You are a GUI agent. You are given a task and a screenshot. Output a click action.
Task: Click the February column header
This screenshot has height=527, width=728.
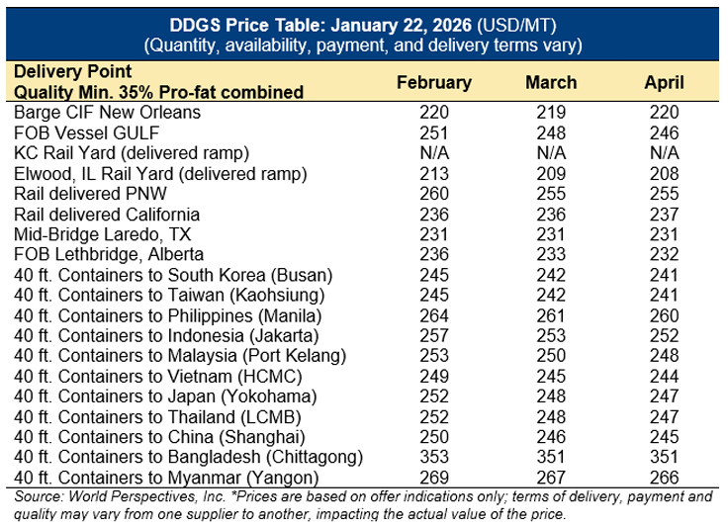(433, 82)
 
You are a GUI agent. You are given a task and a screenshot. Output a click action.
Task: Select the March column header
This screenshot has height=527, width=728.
(551, 82)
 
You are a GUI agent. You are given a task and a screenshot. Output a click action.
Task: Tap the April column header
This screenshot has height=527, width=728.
(664, 82)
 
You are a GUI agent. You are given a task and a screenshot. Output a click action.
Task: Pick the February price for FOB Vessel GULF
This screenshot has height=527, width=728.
(433, 132)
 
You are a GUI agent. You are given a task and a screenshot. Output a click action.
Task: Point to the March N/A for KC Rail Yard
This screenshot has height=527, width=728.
(551, 153)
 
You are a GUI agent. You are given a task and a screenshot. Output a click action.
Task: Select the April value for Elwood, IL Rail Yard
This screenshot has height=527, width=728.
(664, 173)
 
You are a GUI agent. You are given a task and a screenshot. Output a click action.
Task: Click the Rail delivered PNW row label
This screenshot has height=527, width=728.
(90, 194)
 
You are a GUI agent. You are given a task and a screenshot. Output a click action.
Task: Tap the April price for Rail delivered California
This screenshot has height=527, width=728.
(664, 214)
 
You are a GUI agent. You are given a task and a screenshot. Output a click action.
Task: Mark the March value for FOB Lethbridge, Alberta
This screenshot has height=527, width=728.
(551, 254)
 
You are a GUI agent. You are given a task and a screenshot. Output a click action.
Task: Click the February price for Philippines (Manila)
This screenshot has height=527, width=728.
(433, 315)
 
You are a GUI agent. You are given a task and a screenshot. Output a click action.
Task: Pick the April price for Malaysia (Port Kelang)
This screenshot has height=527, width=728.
(664, 356)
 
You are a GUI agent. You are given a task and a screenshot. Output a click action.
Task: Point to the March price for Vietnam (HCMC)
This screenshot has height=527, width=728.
(551, 376)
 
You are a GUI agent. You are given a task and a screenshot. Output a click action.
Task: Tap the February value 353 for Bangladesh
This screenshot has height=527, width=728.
(433, 457)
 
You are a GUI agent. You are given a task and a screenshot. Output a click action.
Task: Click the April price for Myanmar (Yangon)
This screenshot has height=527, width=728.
(664, 477)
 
